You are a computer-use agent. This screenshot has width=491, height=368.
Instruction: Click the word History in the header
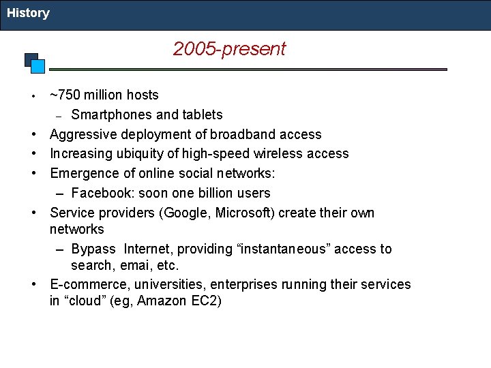pyautogui.click(x=28, y=13)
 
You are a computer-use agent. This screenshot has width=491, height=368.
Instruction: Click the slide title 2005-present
pyautogui.click(x=229, y=49)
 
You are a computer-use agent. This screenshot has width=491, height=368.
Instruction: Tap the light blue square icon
pyautogui.click(x=38, y=66)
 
